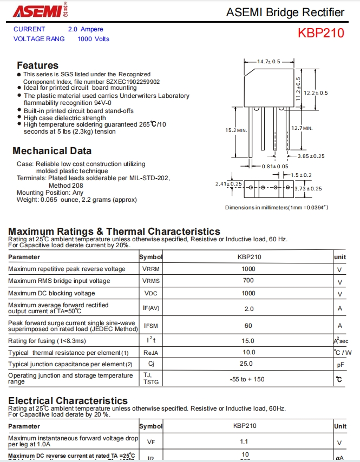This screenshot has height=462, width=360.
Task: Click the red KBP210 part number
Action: (x=320, y=33)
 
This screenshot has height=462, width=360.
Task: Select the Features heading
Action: (x=37, y=65)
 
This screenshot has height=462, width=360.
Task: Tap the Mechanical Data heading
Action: (x=52, y=151)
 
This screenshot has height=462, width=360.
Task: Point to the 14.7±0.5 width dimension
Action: (x=269, y=62)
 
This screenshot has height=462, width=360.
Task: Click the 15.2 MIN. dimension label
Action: (x=236, y=130)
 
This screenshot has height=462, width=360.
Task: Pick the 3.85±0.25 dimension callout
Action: (x=311, y=156)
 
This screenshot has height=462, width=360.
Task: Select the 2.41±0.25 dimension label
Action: (x=228, y=184)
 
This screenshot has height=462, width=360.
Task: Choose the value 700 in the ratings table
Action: (x=248, y=281)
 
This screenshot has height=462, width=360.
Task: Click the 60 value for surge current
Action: (x=248, y=326)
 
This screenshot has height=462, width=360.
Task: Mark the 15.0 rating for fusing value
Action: (x=248, y=341)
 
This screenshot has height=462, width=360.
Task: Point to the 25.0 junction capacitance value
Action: (x=246, y=364)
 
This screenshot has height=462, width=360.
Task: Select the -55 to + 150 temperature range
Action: (x=247, y=379)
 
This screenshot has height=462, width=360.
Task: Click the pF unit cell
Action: (x=339, y=365)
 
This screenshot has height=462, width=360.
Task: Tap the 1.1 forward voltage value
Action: (x=244, y=441)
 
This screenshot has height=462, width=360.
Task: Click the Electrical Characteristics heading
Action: (x=68, y=401)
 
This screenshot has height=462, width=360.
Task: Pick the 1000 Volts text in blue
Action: (x=93, y=39)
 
